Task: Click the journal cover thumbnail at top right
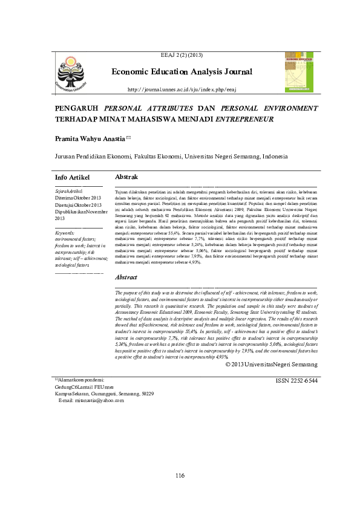coord(298,71)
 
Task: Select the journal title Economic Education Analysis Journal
coord(182,73)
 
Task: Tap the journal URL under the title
coord(181,89)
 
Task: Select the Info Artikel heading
coord(72,178)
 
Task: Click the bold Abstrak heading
coord(126,177)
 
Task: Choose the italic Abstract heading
coord(126,277)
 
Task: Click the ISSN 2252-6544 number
coord(296,381)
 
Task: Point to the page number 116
coord(180,476)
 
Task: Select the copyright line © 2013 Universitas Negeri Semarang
coord(271,365)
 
